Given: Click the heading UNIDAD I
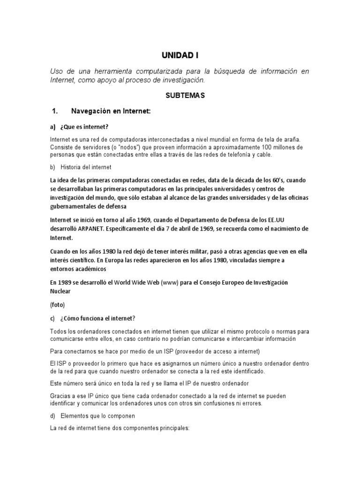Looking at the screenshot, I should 180,55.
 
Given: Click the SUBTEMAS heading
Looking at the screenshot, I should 180,96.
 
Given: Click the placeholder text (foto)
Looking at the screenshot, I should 58,305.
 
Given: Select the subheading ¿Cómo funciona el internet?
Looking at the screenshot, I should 97,319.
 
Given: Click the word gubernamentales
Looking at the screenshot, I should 77,206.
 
